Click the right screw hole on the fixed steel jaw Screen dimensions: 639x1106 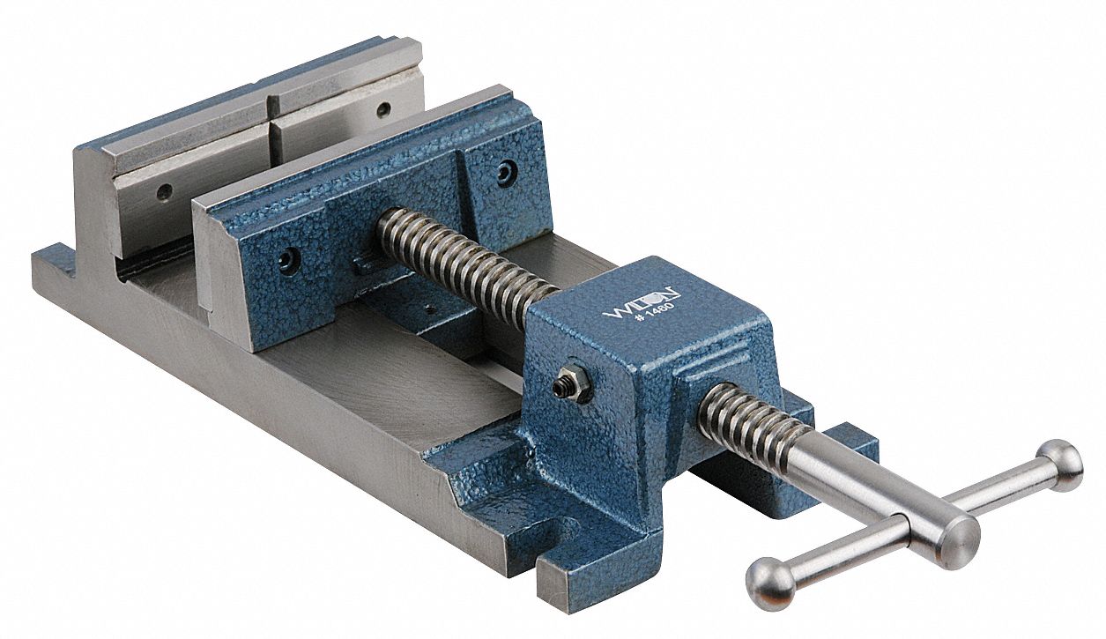tap(383, 110)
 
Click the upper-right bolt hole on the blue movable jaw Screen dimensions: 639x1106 tap(505, 172)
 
